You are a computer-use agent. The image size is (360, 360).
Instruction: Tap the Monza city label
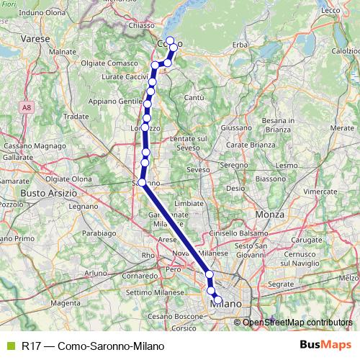[271, 215]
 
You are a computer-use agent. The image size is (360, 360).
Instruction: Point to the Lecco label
[330, 10]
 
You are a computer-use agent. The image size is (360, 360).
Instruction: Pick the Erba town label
[240, 45]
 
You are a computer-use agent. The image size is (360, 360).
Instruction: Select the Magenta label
[66, 303]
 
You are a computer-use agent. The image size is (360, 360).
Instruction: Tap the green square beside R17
[9, 346]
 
